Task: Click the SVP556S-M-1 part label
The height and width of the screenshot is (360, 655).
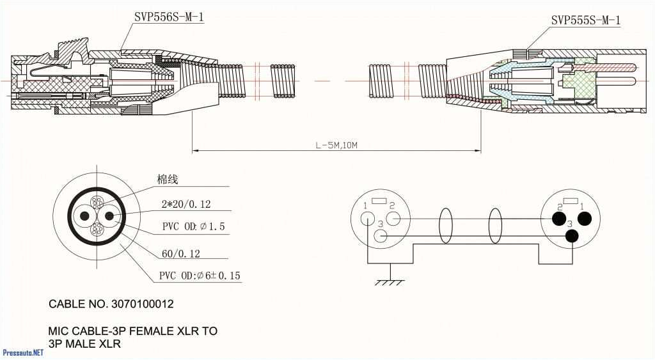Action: [x=169, y=17]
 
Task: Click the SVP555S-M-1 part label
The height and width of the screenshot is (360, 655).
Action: [x=585, y=20]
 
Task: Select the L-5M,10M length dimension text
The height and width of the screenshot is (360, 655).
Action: [x=336, y=145]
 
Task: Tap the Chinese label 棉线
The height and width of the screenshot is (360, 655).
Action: [x=168, y=180]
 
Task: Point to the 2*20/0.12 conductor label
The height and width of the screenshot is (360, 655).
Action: [x=186, y=205]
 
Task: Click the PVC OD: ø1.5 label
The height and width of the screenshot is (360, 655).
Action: [x=193, y=227]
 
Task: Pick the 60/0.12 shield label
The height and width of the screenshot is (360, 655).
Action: [x=180, y=254]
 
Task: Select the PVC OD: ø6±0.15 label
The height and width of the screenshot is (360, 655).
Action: [x=200, y=276]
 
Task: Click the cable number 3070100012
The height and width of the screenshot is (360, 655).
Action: [x=141, y=304]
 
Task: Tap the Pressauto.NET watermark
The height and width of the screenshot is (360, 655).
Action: [x=23, y=352]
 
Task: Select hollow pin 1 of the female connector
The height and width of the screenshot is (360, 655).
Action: [x=368, y=219]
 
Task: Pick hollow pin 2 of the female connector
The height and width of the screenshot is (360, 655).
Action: [x=393, y=219]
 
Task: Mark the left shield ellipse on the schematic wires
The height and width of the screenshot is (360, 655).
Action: [x=446, y=226]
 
